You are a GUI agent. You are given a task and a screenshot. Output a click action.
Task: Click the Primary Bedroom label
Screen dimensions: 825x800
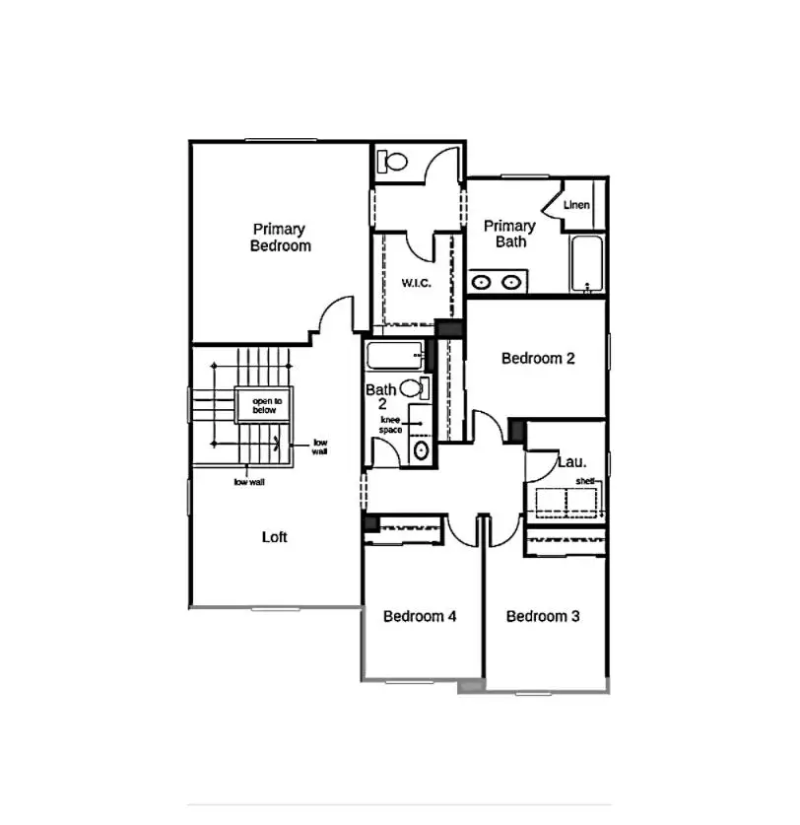pos(280,238)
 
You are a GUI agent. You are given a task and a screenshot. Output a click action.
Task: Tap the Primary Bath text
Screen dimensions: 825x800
pos(509,234)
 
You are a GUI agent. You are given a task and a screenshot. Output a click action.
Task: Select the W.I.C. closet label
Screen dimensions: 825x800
pos(417,283)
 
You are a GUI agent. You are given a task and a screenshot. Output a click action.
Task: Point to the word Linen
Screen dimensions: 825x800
pos(576,205)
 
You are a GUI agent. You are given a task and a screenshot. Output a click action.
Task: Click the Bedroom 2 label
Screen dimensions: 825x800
pos(538,359)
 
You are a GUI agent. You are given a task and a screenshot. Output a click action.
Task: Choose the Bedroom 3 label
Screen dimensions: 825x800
pos(543,617)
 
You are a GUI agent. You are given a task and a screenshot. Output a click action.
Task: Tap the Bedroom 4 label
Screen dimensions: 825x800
pos(420,617)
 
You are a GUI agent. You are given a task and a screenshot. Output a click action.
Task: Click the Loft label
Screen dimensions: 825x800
pos(275,537)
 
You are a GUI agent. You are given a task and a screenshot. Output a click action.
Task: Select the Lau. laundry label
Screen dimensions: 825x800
pos(571,460)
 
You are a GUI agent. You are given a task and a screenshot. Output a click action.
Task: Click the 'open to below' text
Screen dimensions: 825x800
pos(266,405)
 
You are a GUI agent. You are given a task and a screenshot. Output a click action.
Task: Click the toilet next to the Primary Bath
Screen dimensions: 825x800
pos(394,161)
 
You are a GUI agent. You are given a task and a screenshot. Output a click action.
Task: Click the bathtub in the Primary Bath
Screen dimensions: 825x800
pos(587,264)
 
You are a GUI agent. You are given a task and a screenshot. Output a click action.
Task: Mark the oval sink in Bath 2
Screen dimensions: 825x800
pos(421,451)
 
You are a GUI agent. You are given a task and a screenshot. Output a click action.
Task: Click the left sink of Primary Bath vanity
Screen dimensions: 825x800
pos(482,283)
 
